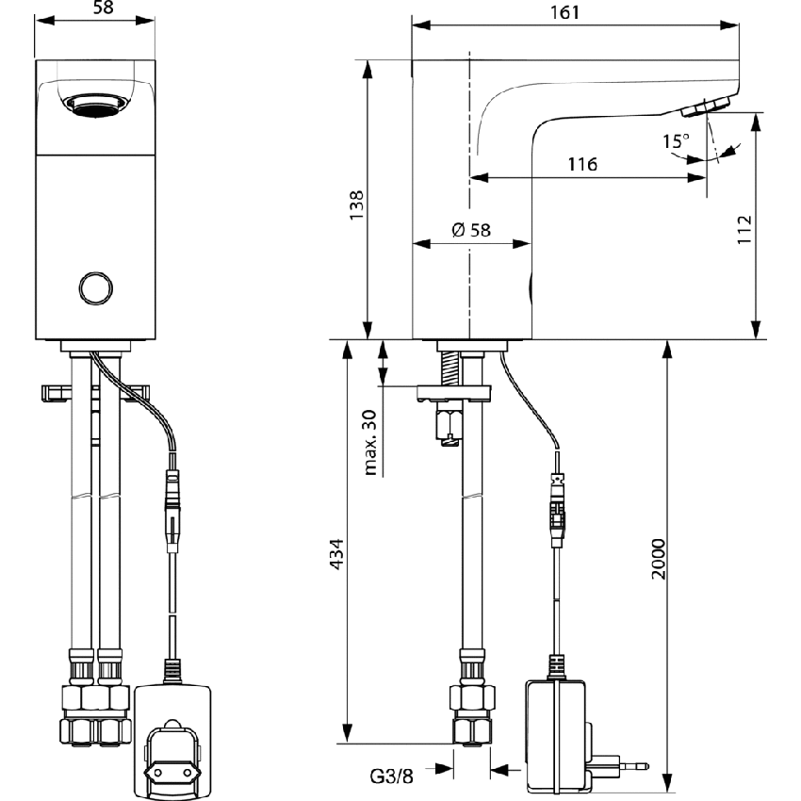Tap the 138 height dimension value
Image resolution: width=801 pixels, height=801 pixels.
click(357, 206)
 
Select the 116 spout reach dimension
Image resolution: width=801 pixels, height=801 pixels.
click(582, 165)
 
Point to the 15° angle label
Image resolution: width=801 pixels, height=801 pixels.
click(675, 140)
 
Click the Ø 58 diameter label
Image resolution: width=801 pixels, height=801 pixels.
click(471, 229)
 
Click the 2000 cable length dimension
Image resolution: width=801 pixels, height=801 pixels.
click(659, 560)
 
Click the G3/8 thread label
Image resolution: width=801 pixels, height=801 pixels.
click(390, 776)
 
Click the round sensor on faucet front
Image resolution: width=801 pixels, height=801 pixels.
click(94, 287)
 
